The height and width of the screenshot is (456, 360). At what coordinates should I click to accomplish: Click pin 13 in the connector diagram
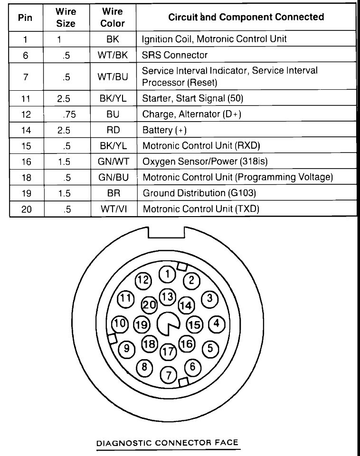click(167, 297)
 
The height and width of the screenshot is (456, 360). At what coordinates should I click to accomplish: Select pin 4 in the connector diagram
click(216, 324)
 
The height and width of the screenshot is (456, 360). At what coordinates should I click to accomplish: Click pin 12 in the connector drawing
click(143, 280)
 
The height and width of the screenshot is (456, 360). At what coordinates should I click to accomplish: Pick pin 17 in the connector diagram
click(167, 352)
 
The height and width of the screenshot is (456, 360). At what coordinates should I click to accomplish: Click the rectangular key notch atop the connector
click(166, 233)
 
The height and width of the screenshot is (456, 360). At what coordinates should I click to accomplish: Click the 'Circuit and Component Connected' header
click(246, 17)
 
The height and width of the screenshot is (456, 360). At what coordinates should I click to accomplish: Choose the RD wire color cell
click(114, 130)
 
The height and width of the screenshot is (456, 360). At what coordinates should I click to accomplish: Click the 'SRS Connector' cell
click(175, 55)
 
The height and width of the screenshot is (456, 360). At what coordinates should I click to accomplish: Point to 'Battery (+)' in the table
click(164, 130)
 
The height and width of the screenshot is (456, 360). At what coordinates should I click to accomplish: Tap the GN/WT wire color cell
click(114, 161)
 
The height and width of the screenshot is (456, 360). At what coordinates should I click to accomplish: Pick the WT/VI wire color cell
click(114, 209)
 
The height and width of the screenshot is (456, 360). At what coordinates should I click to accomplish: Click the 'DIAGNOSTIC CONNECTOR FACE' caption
click(167, 443)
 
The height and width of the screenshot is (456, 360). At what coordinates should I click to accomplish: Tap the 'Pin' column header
click(26, 18)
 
